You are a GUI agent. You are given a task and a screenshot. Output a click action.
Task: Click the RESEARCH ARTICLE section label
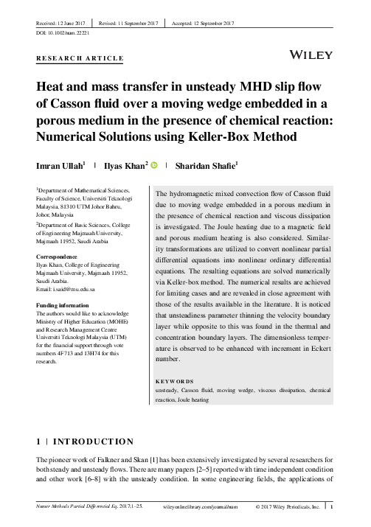79,57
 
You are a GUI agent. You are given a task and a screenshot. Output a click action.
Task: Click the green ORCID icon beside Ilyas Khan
154,167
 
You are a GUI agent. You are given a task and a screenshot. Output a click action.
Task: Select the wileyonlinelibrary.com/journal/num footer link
195,507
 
